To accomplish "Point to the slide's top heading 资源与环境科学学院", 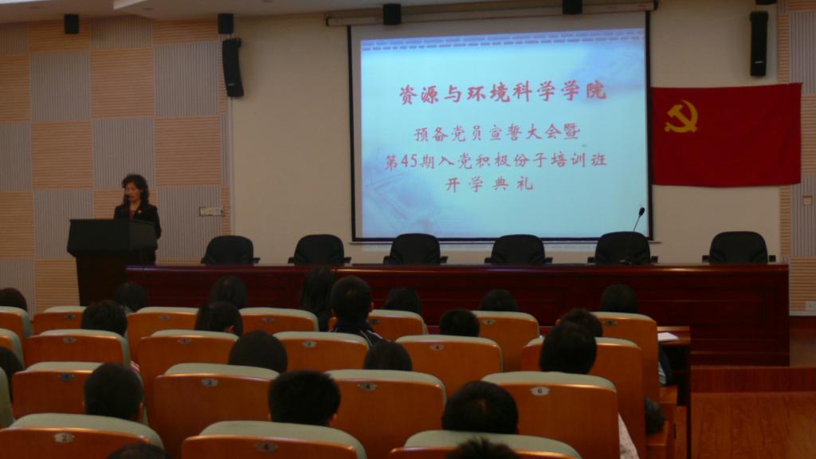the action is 503,92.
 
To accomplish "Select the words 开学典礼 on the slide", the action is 489,184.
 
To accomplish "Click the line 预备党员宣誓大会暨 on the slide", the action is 497,133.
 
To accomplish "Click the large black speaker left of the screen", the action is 233,67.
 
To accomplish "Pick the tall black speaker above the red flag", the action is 759,44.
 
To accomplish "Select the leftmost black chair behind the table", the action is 229,249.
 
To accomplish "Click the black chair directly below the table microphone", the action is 622,248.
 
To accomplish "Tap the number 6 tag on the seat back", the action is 539,390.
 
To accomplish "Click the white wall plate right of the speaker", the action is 210,210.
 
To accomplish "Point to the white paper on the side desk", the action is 668,336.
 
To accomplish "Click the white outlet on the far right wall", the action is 810,307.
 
